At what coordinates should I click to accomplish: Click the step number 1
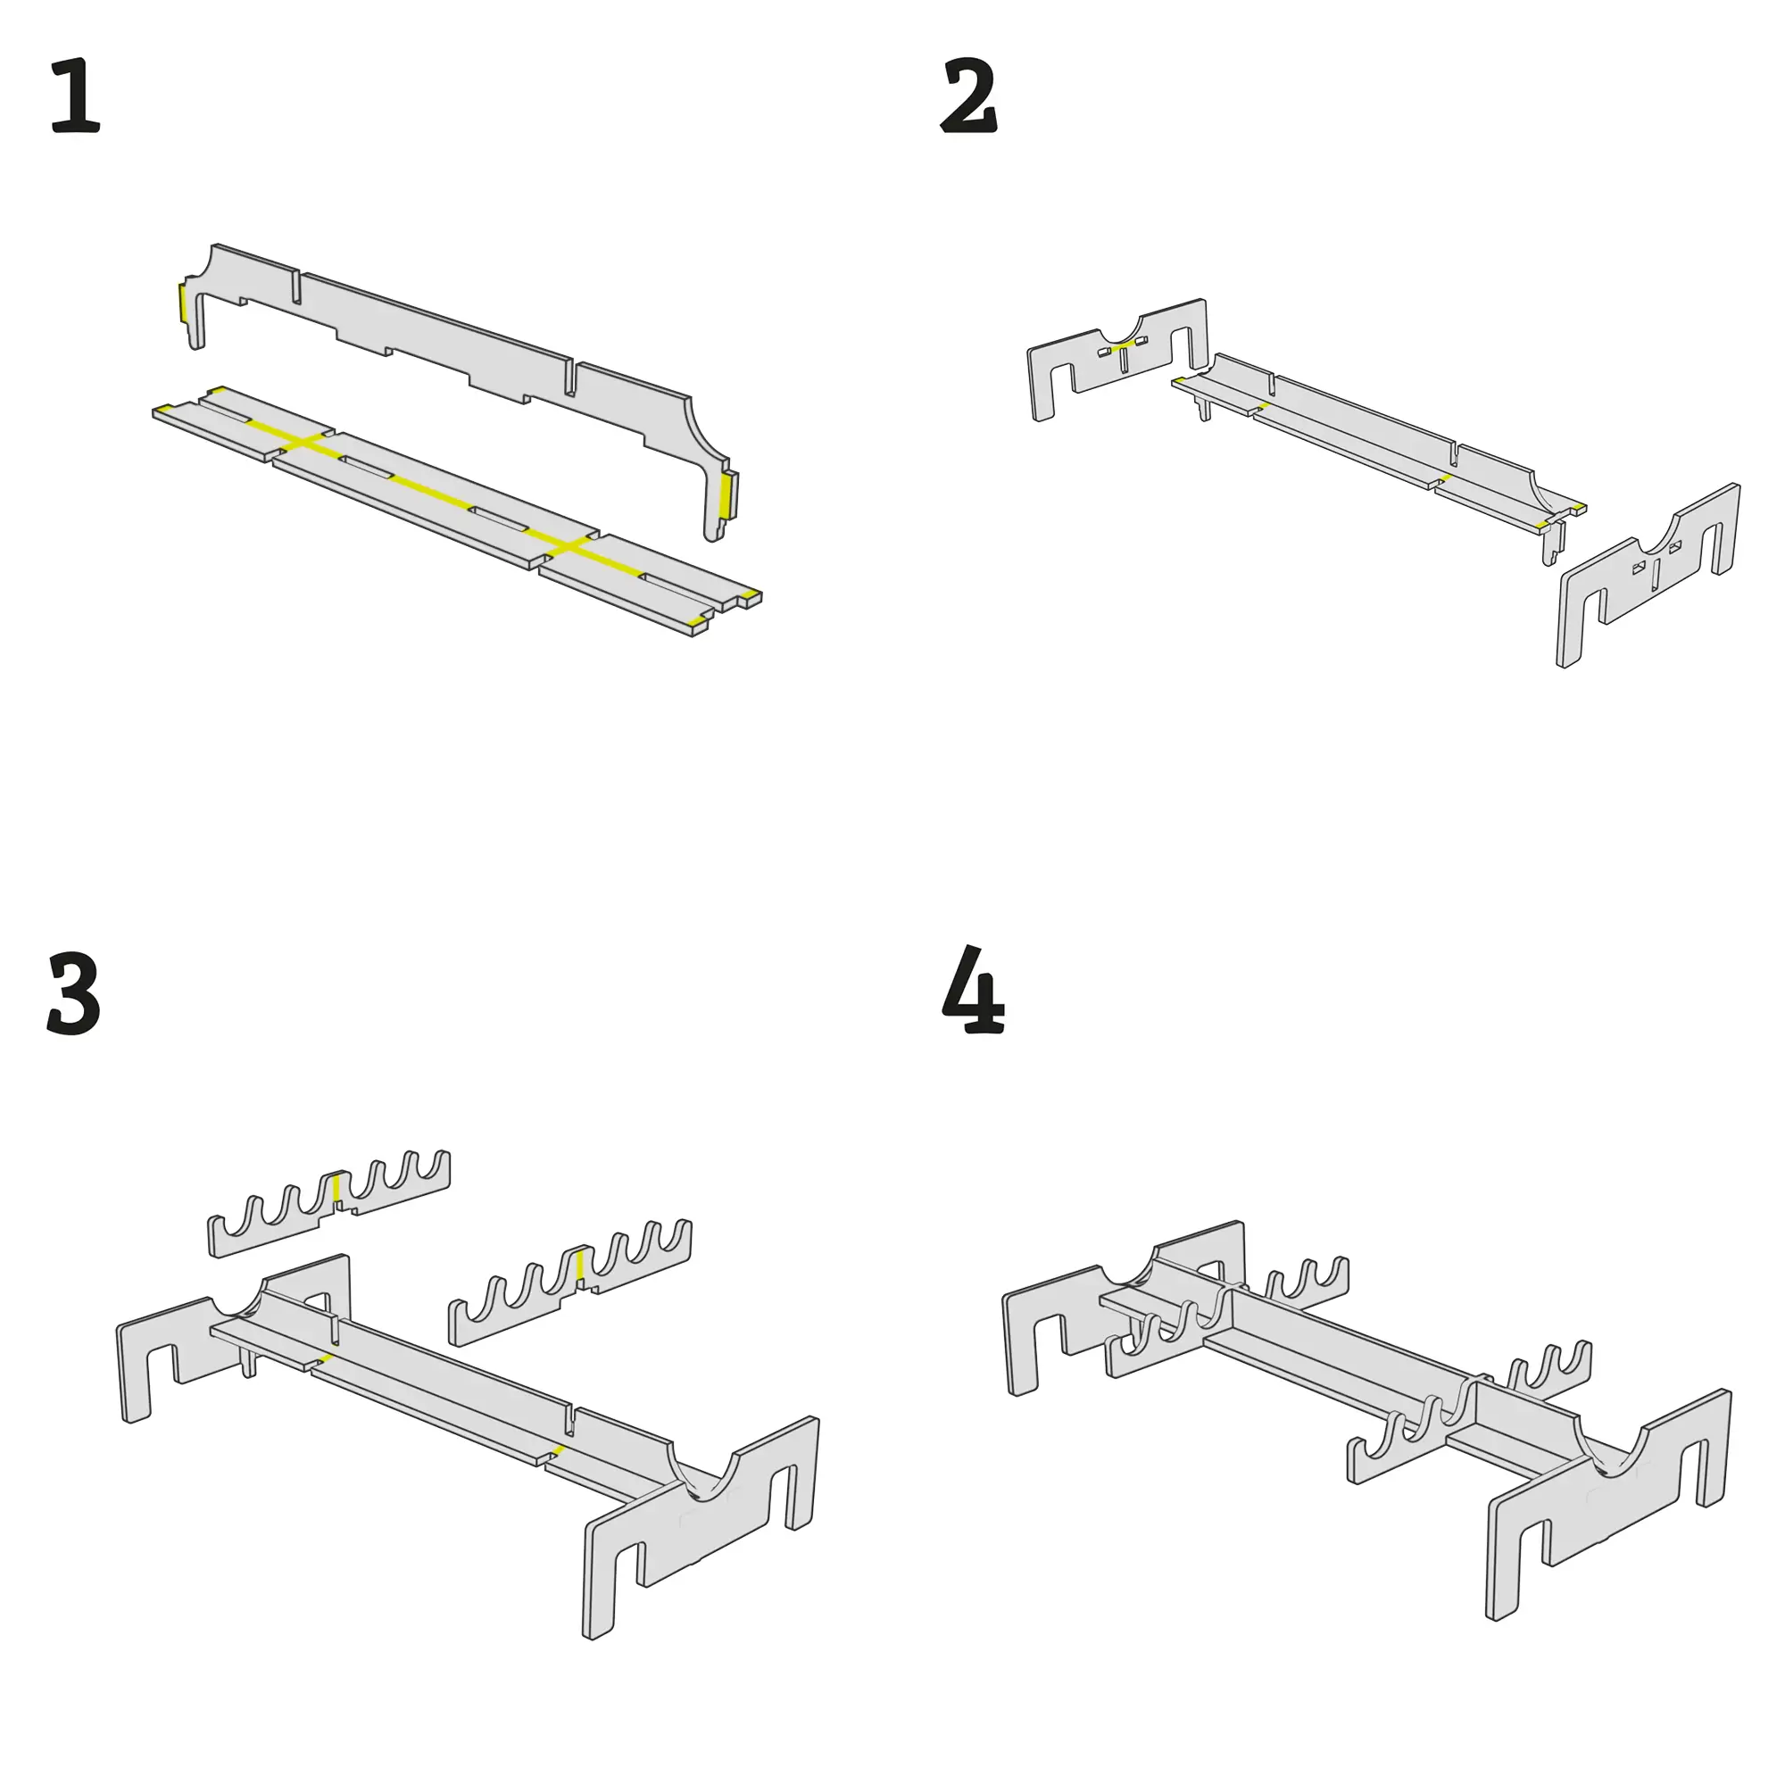[x=75, y=96]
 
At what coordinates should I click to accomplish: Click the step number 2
[x=969, y=96]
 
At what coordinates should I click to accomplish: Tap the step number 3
[x=74, y=995]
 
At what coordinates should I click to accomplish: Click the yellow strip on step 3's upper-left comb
[x=337, y=1191]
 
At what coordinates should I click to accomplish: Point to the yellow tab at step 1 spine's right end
[x=727, y=495]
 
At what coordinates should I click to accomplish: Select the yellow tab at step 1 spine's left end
[x=183, y=304]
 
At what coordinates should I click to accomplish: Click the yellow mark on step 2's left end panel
[x=1124, y=345]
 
